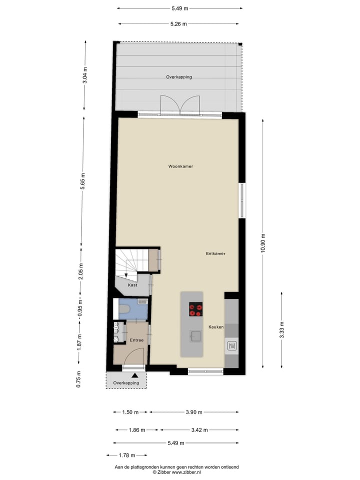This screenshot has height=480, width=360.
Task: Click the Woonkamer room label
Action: tap(180, 166)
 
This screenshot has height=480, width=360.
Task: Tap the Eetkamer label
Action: tap(215, 253)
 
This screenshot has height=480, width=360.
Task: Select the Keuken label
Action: tap(216, 327)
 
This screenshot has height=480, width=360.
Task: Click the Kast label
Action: tap(132, 285)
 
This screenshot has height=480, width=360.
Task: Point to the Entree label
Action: tap(136, 340)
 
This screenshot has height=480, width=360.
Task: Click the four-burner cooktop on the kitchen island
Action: tap(195, 309)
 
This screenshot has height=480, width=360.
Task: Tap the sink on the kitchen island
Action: tap(195, 335)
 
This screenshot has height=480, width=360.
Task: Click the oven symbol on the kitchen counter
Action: tap(232, 345)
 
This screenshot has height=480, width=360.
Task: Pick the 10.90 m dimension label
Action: tap(263, 243)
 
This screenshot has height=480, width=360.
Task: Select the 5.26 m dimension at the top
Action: tap(178, 23)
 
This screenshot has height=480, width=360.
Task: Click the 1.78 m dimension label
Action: tap(126, 455)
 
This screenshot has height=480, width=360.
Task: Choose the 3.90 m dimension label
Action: tap(193, 412)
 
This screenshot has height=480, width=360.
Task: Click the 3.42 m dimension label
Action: tap(200, 430)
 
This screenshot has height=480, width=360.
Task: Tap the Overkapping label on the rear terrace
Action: tap(179, 77)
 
